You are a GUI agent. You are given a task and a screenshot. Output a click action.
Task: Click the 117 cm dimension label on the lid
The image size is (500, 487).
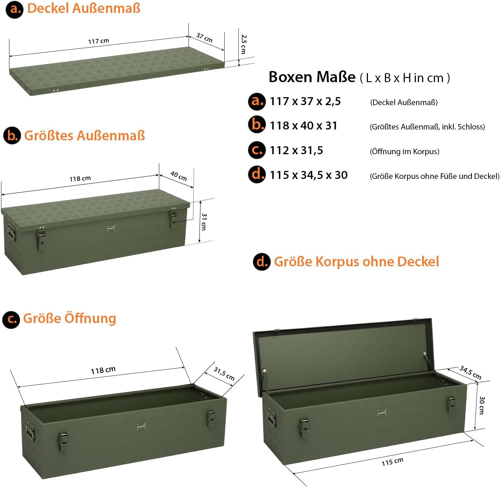98,41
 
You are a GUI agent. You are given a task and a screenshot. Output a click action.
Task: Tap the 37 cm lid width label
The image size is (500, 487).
204,38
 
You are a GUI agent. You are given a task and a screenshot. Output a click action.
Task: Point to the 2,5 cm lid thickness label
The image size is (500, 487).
244,44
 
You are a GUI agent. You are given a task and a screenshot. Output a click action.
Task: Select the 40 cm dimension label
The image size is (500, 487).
179,176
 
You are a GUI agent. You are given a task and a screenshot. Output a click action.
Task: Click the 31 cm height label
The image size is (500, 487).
204,222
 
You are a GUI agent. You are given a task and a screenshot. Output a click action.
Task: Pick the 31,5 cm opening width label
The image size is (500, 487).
224,374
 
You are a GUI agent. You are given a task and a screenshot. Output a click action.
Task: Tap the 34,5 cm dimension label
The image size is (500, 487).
470,372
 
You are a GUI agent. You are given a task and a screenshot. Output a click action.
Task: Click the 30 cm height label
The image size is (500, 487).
482,405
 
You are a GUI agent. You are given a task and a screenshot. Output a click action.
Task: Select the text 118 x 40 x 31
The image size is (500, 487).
303,126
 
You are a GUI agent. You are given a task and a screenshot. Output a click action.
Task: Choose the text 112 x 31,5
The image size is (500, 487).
296,150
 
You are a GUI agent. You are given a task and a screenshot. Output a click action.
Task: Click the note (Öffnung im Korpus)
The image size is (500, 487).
404,151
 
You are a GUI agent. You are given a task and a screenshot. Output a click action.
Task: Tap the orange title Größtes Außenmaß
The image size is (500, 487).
84,135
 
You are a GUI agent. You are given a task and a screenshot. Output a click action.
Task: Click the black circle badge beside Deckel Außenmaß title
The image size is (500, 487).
14,9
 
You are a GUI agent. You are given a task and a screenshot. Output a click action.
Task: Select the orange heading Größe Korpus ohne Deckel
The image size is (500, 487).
356,262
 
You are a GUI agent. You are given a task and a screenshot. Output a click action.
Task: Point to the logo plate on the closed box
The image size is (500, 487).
111,228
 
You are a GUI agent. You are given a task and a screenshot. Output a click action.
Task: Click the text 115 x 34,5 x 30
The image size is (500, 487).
308,175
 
